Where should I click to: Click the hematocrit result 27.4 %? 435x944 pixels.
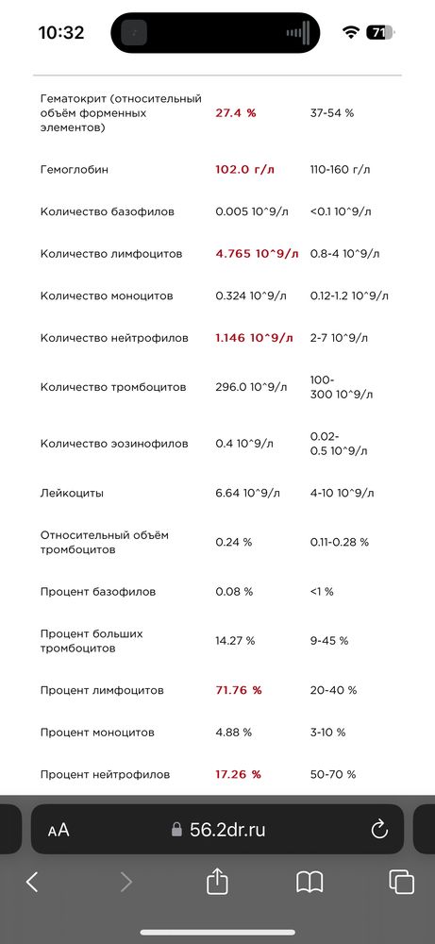coord(236,112)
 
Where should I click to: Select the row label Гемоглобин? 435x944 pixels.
coord(75,170)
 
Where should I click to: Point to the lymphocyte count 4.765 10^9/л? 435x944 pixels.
coord(257,254)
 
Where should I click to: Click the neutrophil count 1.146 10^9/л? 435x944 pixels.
coord(255,337)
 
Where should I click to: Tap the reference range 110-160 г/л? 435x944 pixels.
coord(341,170)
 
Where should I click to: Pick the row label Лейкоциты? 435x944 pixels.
coord(73,493)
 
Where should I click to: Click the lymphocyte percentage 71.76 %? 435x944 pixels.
coord(238,690)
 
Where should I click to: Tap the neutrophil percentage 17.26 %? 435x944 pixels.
coord(238,774)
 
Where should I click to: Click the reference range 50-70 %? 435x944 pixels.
coord(333,774)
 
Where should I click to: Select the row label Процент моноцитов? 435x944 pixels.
coord(97,733)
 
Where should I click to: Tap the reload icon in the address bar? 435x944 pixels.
coord(379,829)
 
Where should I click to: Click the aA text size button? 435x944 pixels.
coord(59,830)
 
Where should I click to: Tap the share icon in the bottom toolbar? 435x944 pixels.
coord(218,882)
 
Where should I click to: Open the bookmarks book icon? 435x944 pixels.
coord(310,882)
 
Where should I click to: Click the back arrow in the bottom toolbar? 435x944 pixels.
coord(32,882)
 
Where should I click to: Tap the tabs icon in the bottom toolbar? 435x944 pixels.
coord(401,882)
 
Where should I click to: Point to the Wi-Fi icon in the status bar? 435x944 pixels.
coord(351,32)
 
